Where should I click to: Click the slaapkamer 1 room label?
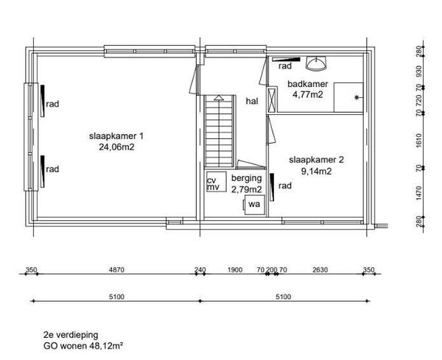pyautogui.click(x=116, y=136)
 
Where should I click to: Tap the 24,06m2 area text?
pyautogui.click(x=116, y=147)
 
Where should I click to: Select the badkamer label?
pyautogui.click(x=307, y=84)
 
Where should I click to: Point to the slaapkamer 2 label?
pyautogui.click(x=316, y=160)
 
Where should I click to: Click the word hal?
pyautogui.click(x=252, y=101)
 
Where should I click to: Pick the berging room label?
pyautogui.click(x=246, y=178)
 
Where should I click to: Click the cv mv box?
pyautogui.click(x=216, y=182)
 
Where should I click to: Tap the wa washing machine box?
pyautogui.click(x=255, y=205)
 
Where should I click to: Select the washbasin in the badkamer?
pyautogui.click(x=316, y=63)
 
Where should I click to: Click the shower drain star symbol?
pyautogui.click(x=357, y=97)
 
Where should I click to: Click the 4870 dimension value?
pyautogui.click(x=116, y=270)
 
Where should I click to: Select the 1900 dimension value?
pyautogui.click(x=235, y=270)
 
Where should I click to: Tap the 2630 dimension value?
pyautogui.click(x=320, y=270)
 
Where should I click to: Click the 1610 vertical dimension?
pyautogui.click(x=418, y=141)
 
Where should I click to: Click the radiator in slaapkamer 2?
pyautogui.click(x=272, y=187)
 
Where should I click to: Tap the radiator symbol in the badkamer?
pyautogui.click(x=286, y=60)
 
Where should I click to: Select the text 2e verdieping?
pyautogui.click(x=71, y=335)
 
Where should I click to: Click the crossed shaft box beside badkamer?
pyautogui.click(x=272, y=100)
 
